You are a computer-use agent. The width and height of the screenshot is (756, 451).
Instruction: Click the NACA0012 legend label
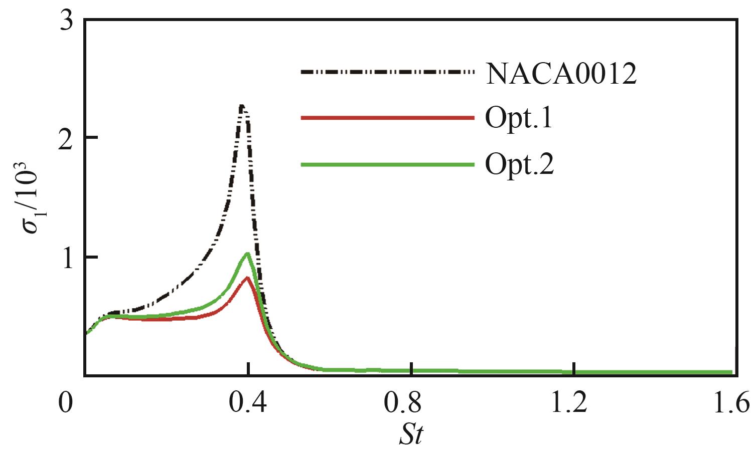click(560, 74)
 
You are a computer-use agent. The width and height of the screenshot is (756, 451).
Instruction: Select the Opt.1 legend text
click(519, 119)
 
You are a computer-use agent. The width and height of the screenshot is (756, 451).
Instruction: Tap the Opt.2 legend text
click(519, 164)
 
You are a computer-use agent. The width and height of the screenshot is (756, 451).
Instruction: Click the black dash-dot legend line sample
click(387, 72)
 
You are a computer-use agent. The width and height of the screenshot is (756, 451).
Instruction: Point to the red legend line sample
click(387, 118)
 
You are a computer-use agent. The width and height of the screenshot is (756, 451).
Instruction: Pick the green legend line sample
click(387, 164)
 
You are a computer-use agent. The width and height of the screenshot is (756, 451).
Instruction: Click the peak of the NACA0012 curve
click(242, 106)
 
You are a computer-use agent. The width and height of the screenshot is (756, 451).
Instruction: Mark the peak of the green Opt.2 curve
click(247, 254)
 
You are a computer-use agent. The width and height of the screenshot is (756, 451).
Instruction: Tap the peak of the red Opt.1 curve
click(247, 278)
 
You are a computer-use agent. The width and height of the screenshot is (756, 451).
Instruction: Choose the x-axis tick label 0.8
click(411, 402)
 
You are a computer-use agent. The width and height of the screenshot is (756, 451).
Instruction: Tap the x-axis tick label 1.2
click(574, 402)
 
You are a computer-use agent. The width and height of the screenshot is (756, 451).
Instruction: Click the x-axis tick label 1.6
click(735, 402)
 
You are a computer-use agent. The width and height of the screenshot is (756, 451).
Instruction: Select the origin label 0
click(66, 402)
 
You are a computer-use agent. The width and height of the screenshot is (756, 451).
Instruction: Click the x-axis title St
click(411, 434)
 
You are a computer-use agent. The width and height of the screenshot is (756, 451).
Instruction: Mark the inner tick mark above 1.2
click(575, 368)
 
